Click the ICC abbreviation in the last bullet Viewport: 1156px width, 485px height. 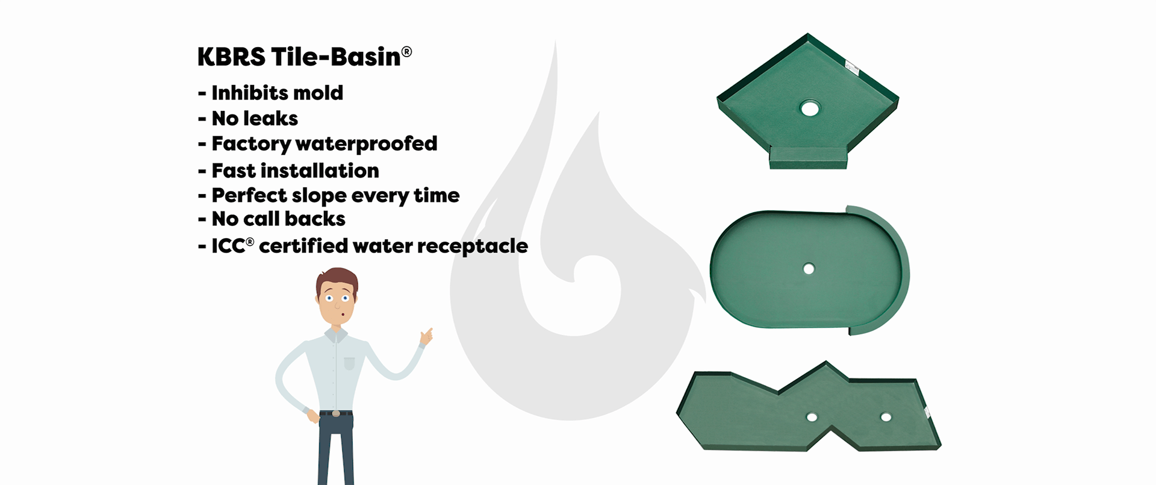coord(228,246)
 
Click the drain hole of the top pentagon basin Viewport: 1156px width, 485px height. coord(810,108)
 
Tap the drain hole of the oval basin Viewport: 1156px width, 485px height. coord(809,269)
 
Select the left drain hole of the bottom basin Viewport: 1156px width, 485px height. coord(812,417)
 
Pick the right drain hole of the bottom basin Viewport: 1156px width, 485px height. coord(886,417)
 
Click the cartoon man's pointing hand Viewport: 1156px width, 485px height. coord(426,336)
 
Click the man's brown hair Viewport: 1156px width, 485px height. coord(337,279)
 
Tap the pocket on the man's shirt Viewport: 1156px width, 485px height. coord(349,363)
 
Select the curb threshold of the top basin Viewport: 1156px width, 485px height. coord(809,159)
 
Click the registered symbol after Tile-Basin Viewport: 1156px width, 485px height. coord(406,52)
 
